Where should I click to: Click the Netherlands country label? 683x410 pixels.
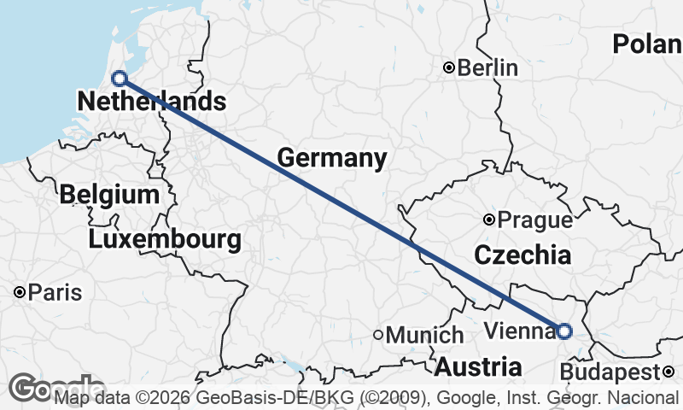151,102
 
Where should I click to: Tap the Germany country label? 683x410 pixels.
331,158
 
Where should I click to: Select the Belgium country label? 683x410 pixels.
109,194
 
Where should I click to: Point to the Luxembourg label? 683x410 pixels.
164,239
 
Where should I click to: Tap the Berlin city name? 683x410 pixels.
487,67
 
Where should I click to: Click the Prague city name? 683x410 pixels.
534,220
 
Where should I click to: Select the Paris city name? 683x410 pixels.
55,293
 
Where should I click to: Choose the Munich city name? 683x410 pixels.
424,336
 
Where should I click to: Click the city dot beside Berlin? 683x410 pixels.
448,67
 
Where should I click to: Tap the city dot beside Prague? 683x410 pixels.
489,220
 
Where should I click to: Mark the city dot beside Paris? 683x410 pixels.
19,292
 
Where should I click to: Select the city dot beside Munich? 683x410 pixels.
378,335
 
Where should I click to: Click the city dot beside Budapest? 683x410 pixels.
668,371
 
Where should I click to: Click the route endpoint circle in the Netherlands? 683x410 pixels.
120,79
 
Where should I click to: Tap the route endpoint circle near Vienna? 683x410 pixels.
564,331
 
